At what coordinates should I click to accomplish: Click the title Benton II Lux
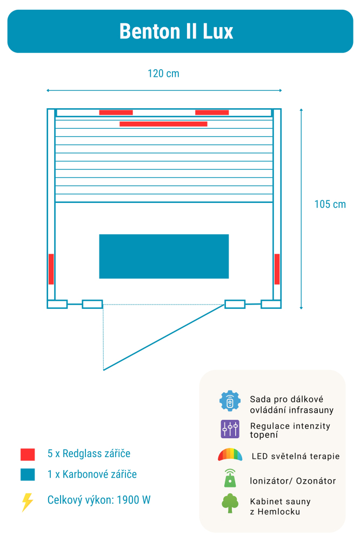(x=176, y=31)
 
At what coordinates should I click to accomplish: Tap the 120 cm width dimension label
(x=163, y=74)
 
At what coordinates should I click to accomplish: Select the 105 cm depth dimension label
(x=330, y=204)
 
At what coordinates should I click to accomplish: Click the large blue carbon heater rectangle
(x=164, y=256)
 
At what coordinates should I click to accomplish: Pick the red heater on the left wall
(x=51, y=269)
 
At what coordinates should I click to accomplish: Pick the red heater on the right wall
(x=277, y=269)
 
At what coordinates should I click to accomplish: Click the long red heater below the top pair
(x=163, y=124)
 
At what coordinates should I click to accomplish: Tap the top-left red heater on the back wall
(x=116, y=113)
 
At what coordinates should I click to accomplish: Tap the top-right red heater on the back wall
(x=212, y=113)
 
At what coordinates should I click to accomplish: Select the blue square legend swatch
(x=28, y=474)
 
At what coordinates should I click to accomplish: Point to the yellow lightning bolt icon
(x=27, y=502)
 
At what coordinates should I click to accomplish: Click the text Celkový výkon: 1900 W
(x=99, y=500)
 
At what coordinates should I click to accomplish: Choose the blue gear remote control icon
(x=230, y=401)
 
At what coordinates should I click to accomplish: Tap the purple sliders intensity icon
(x=230, y=429)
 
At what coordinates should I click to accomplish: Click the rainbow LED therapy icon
(x=230, y=455)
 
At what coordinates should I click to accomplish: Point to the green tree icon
(x=230, y=503)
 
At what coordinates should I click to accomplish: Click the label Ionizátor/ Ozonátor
(x=292, y=481)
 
